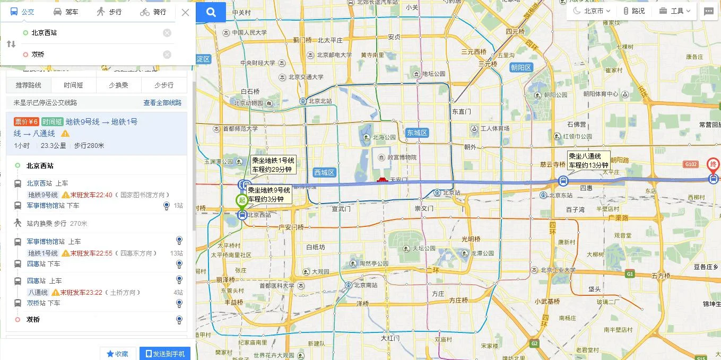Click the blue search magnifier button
click(x=211, y=12)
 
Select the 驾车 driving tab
click(x=66, y=12)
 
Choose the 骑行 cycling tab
click(x=153, y=12)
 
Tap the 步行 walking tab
click(x=109, y=12)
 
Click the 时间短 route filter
click(x=73, y=85)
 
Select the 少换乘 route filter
click(x=119, y=85)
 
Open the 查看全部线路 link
click(x=162, y=103)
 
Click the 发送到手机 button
click(x=165, y=354)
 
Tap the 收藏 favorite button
click(x=117, y=354)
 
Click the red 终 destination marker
click(x=714, y=164)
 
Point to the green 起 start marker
click(x=242, y=200)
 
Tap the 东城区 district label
click(x=416, y=133)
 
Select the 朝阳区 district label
click(x=521, y=67)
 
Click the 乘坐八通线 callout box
click(x=588, y=161)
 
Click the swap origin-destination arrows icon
click(x=11, y=44)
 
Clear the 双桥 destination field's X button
click(x=167, y=55)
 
